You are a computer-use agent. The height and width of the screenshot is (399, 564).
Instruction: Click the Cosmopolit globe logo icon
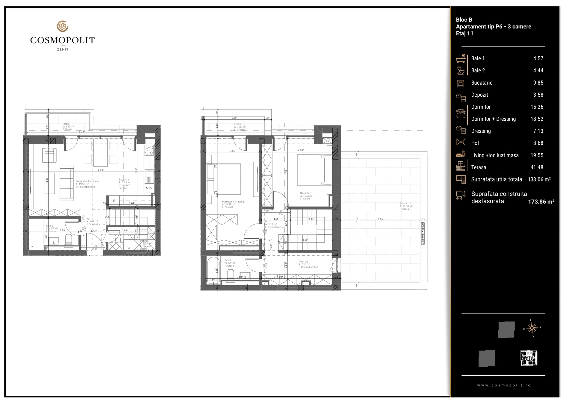point(63,26)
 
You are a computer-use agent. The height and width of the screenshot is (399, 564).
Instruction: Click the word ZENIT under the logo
point(63,49)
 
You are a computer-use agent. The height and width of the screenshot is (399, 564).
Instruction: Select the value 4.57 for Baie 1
point(538,58)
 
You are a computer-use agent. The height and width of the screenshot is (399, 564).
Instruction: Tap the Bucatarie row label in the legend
point(482,83)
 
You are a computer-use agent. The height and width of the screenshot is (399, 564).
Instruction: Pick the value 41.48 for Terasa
point(537,167)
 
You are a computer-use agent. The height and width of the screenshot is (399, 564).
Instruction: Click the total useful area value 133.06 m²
point(539,179)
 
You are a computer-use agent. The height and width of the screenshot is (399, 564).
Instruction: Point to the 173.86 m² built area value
point(541,202)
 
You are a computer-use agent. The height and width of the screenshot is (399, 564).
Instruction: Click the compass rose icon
point(532,328)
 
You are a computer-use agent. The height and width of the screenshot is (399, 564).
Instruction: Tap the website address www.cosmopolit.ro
point(504,385)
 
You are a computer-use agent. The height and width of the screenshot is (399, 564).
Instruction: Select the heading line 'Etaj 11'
point(464,33)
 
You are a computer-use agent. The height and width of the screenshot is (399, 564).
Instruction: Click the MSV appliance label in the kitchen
point(149,188)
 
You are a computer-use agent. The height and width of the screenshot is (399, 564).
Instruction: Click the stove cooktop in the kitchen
point(149,150)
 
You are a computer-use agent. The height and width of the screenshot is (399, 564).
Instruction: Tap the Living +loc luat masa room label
point(87,181)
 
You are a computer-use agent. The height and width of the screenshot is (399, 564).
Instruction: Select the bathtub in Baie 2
point(213,269)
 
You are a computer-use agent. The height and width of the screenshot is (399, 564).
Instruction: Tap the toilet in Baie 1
point(69,240)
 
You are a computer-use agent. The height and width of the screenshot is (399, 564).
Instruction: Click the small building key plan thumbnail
point(529,358)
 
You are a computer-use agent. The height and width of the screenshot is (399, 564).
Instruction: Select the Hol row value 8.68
point(538,143)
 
